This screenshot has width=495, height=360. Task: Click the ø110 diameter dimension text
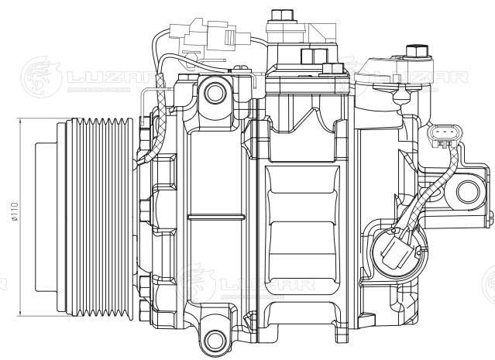coord(14,214)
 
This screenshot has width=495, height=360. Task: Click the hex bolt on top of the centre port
coord(278,13)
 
